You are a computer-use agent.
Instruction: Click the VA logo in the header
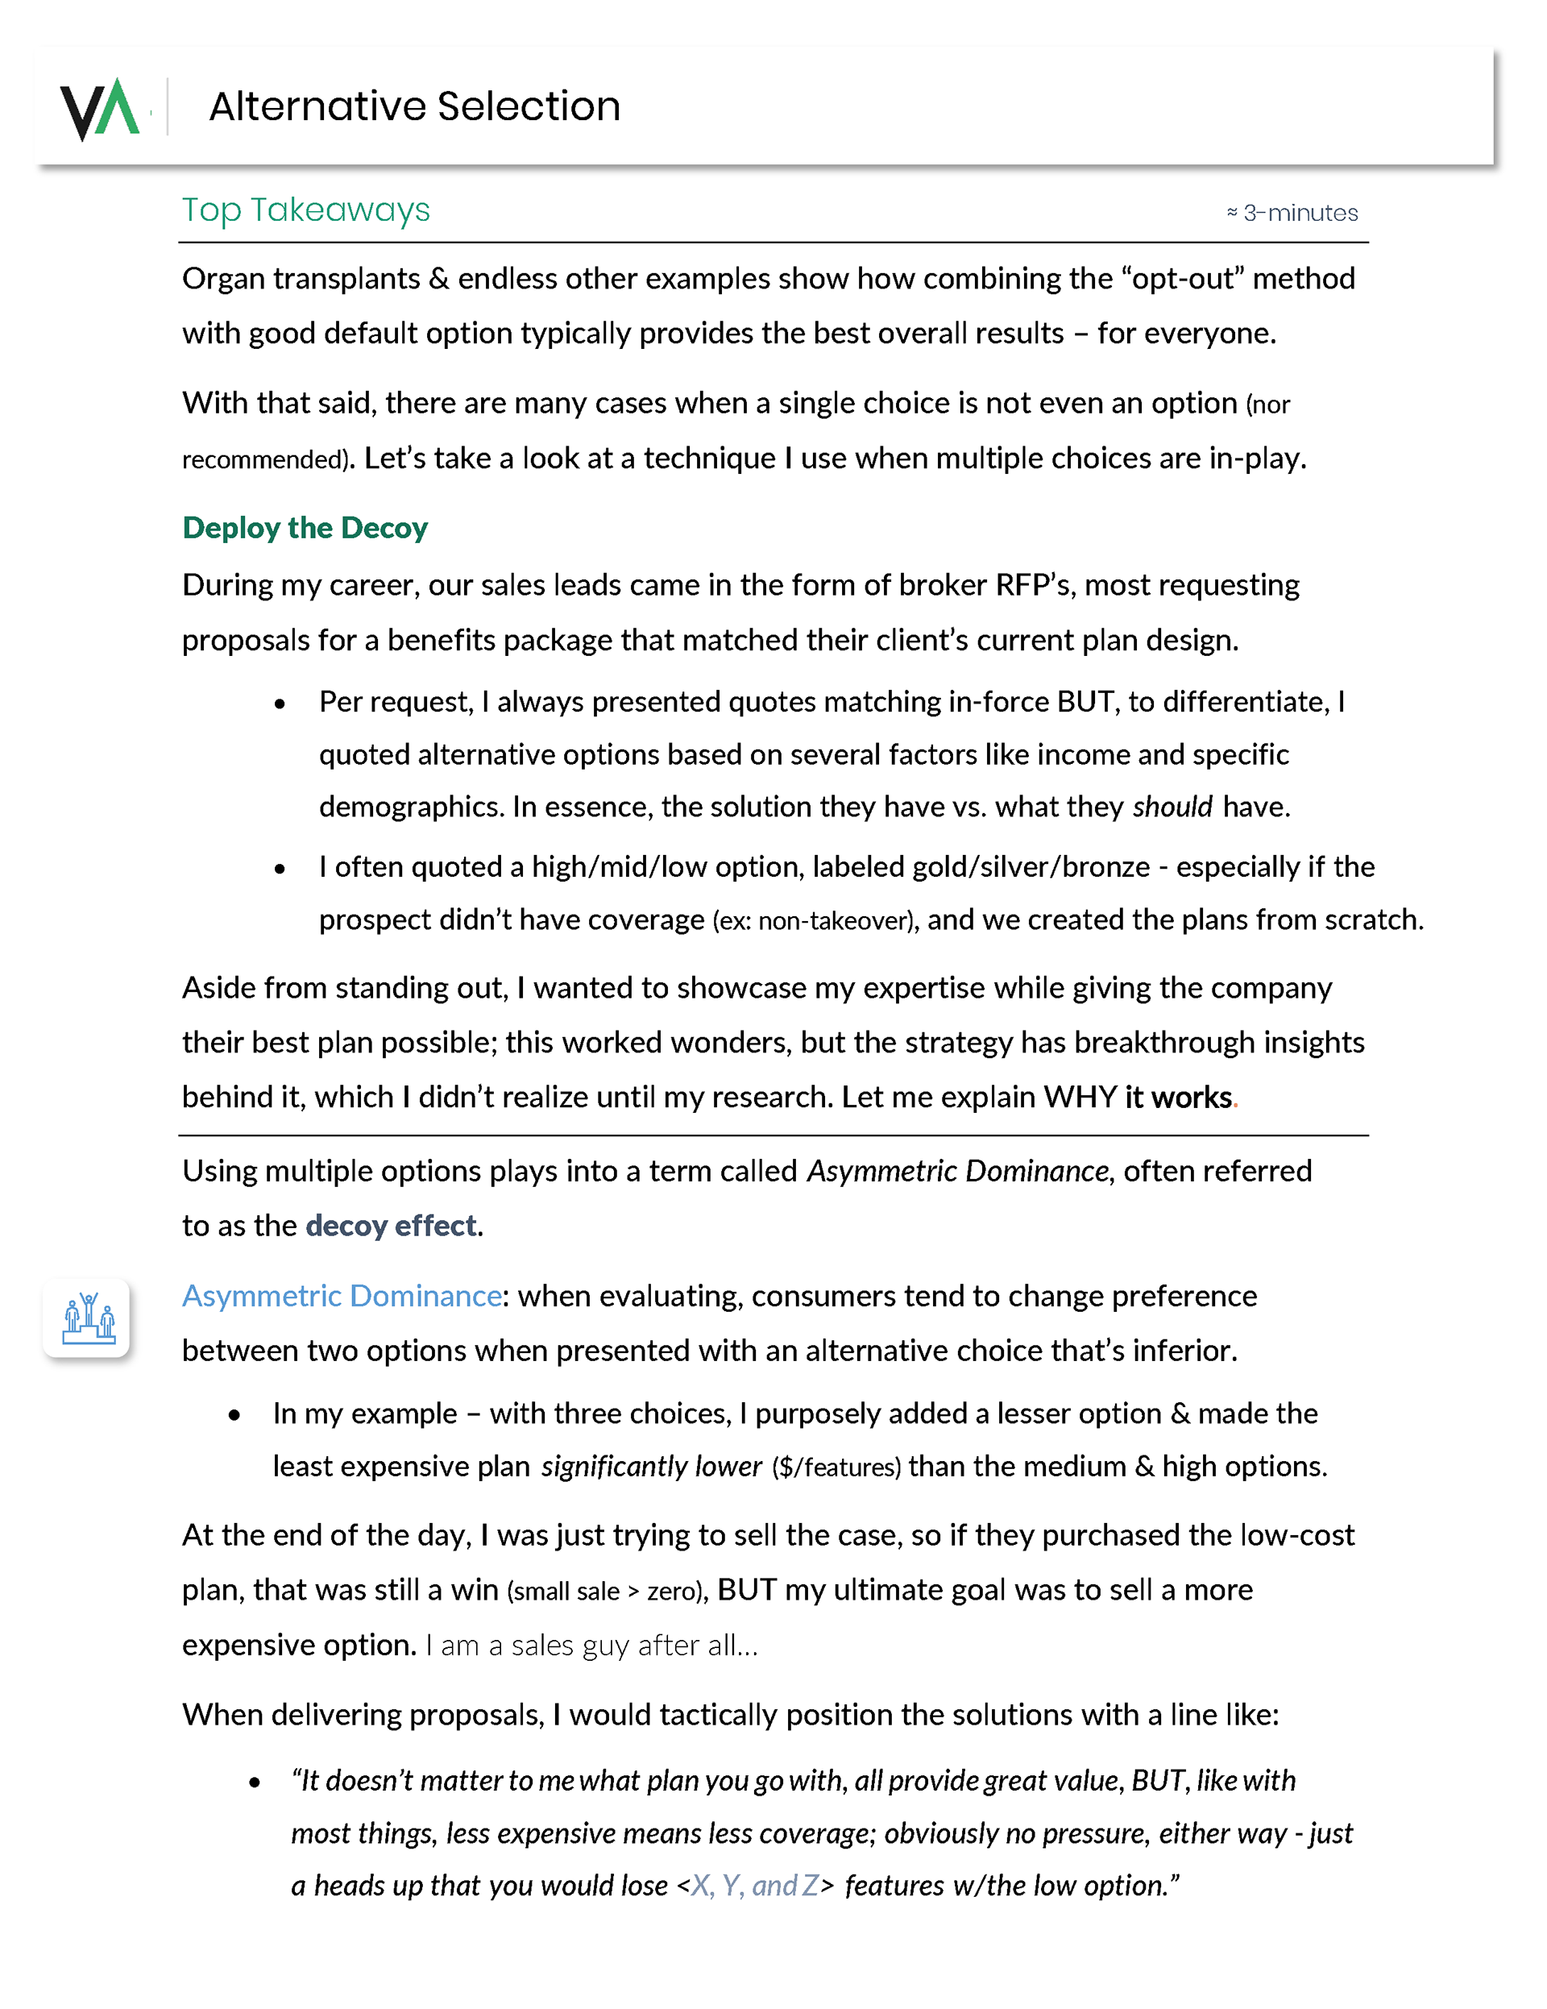coord(99,109)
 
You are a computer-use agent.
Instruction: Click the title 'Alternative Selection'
coord(414,106)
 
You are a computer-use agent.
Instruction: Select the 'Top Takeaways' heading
coord(305,210)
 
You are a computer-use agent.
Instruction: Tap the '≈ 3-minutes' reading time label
coord(1292,214)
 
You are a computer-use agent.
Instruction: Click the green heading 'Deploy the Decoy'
coord(305,528)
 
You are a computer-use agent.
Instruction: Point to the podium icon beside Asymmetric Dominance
coord(87,1318)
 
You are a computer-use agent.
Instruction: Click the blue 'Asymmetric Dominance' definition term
coord(341,1296)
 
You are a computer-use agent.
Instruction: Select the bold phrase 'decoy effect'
coord(391,1227)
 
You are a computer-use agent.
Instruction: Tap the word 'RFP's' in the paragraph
coord(1034,585)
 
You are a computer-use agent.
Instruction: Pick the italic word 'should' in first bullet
coord(1172,807)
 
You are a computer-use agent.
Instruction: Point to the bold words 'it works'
coord(1177,1098)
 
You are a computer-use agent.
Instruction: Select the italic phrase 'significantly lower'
coord(651,1467)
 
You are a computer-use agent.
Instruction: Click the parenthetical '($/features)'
coord(836,1467)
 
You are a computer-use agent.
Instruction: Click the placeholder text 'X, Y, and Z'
coord(754,1886)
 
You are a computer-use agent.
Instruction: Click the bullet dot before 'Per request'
coord(280,704)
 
